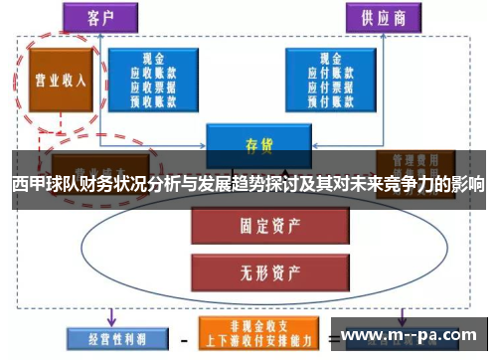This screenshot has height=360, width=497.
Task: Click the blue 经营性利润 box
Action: coord(109,338)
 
